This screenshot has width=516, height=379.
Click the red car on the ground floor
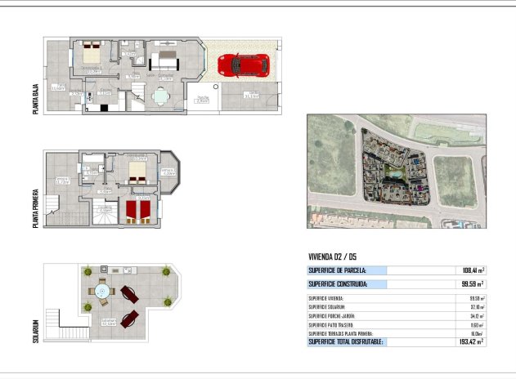tap(243, 65)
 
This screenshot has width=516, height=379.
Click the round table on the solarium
tap(103, 292)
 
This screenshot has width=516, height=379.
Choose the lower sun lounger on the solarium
tap(128, 318)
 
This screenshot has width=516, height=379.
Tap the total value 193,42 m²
tap(470, 341)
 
